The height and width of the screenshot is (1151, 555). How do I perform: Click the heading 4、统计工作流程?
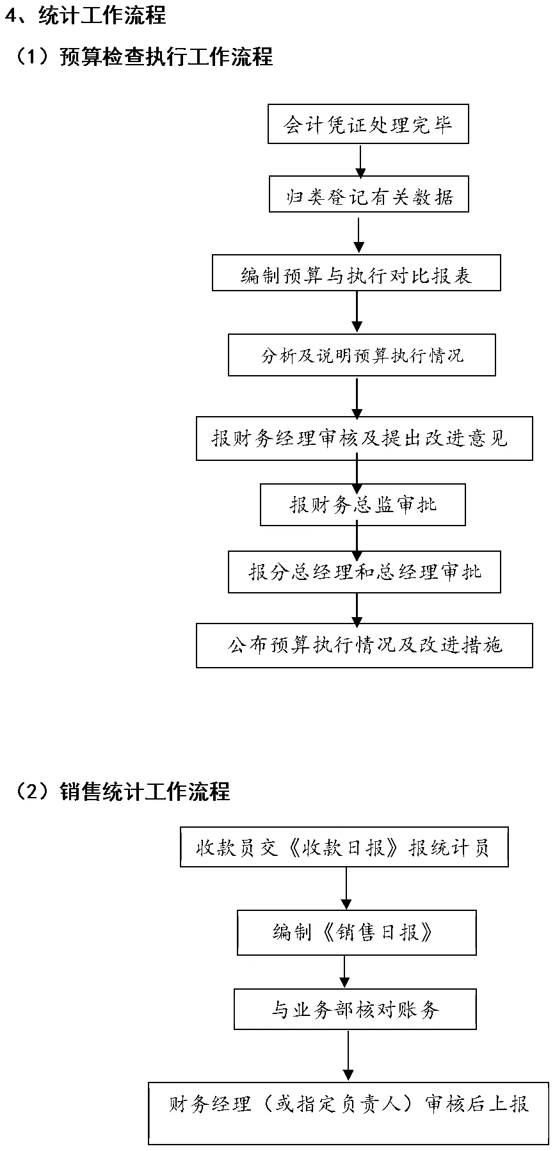(86, 15)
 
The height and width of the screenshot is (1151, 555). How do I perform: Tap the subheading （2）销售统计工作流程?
(122, 791)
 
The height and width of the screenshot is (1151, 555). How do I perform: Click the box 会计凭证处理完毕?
(368, 124)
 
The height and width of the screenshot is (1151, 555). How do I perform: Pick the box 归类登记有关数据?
(369, 194)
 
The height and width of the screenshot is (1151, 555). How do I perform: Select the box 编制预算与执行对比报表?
(356, 273)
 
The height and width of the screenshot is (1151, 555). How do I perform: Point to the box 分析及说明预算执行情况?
(362, 355)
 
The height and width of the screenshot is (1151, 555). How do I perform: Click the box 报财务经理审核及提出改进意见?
(364, 439)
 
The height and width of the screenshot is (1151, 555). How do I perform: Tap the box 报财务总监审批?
(362, 505)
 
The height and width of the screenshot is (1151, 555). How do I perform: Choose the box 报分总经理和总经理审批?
(364, 572)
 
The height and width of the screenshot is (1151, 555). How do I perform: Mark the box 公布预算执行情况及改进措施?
(364, 645)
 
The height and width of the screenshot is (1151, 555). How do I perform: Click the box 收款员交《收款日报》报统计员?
(344, 848)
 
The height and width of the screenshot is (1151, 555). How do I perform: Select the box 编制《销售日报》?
(357, 932)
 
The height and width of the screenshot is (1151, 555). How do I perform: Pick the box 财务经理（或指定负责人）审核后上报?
(348, 1111)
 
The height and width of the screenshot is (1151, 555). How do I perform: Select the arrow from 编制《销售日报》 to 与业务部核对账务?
(345, 972)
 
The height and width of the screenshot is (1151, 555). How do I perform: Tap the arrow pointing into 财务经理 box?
(348, 1056)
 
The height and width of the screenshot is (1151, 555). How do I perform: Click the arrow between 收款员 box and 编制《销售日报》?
(346, 888)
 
